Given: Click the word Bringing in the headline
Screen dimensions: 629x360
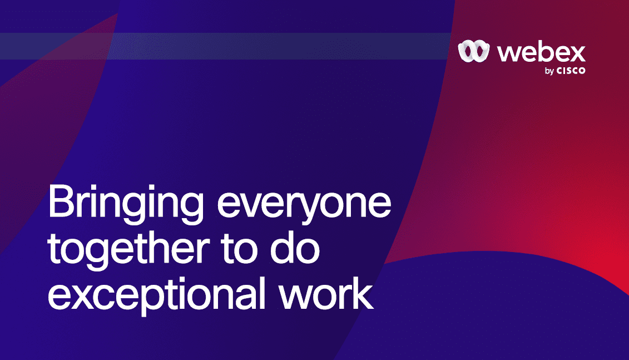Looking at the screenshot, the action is tap(126, 204).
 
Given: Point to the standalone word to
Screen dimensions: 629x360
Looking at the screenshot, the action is tap(239, 249).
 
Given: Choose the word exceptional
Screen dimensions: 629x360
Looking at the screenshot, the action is tap(156, 294).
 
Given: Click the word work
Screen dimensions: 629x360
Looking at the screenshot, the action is tap(326, 293).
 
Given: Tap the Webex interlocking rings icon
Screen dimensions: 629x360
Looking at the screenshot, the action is tap(474, 51).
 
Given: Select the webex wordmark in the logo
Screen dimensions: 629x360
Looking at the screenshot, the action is tap(542, 52).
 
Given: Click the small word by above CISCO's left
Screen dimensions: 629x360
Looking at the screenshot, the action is tap(549, 71).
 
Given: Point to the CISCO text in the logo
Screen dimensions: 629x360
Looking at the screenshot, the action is tap(571, 71).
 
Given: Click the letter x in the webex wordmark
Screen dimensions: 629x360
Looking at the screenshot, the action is tap(577, 54).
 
